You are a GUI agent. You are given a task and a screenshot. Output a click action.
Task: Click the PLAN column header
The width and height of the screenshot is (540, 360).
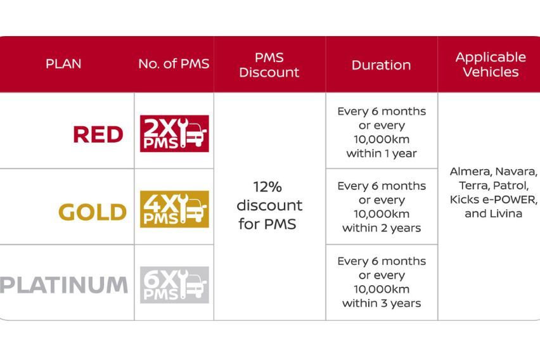63,64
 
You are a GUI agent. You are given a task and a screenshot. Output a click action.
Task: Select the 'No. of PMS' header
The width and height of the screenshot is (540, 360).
174,64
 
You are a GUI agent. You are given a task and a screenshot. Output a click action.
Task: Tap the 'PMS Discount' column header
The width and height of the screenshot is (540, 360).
269,65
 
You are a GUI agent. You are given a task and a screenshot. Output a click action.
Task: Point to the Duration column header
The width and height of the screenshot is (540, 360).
381,65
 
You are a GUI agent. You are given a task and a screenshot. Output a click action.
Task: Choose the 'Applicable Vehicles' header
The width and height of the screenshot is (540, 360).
491,65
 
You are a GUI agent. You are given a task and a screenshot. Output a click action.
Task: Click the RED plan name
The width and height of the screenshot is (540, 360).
98,134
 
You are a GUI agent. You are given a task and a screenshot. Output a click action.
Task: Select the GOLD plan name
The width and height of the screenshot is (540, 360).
93,212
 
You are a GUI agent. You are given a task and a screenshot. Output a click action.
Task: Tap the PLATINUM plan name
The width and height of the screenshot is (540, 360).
64,285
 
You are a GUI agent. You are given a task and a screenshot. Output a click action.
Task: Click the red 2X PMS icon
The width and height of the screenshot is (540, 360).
174,134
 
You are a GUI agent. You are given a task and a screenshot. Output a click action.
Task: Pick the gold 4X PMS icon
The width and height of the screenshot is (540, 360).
174,209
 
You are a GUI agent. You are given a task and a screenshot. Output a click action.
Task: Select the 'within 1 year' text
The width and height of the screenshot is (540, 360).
382,153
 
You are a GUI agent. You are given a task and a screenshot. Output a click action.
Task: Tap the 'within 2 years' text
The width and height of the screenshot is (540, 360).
382,228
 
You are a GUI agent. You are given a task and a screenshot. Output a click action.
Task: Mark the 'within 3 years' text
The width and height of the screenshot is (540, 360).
382,303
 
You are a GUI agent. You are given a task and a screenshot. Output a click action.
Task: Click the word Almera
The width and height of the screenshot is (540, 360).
469,172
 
